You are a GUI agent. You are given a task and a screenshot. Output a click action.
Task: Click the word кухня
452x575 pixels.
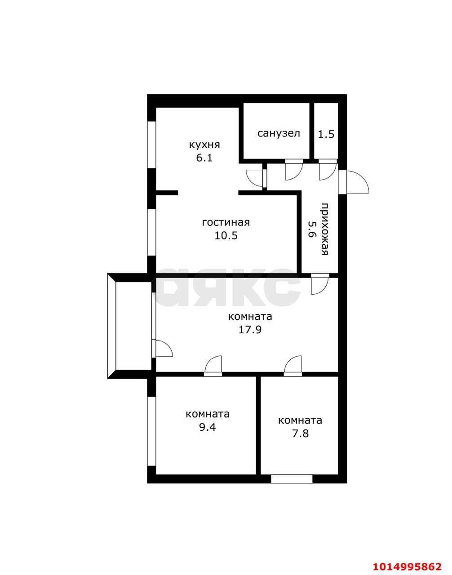tap(204, 146)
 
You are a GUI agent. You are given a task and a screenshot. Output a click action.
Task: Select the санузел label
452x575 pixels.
tap(279, 133)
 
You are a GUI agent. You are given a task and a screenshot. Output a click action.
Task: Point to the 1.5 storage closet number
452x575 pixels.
tap(326, 135)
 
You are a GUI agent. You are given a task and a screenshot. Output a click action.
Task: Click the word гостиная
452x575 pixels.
tap(226, 222)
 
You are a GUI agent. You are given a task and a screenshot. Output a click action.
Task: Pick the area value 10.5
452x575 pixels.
tap(226, 235)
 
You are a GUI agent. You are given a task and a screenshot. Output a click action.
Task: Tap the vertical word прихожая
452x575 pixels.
tap(325, 229)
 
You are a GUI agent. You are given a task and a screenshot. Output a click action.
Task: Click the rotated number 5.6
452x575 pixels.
tap(312, 229)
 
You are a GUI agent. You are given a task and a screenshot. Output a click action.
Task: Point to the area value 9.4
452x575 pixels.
tap(208, 434)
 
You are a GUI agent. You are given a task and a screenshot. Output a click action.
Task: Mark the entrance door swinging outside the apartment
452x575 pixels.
tap(354, 182)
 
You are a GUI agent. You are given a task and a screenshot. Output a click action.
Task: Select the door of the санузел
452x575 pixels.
tap(294, 170)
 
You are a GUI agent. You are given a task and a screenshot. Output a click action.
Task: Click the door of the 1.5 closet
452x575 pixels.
tap(328, 170)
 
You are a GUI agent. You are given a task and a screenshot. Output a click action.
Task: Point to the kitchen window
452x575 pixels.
tap(151, 145)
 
